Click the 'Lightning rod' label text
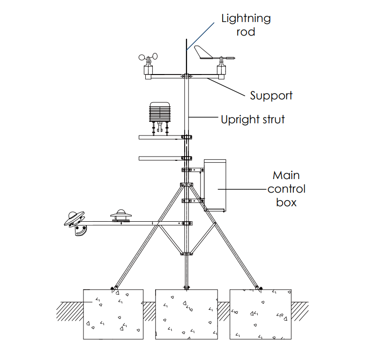pyautogui.click(x=246, y=25)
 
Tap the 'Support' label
pyautogui.click(x=271, y=96)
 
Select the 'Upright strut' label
pyautogui.click(x=253, y=119)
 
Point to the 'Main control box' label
pyautogui.click(x=286, y=189)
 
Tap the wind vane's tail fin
pyautogui.click(x=203, y=52)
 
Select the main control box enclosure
pyautogui.click(x=215, y=185)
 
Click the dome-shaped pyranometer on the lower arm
pyautogui.click(x=121, y=215)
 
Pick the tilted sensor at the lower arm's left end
pyautogui.click(x=75, y=220)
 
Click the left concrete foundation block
pyautogui.click(x=113, y=314)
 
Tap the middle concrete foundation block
pyautogui.click(x=187, y=314)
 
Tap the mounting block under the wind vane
pyautogui.click(x=221, y=70)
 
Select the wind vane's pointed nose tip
pyautogui.click(x=234, y=59)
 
